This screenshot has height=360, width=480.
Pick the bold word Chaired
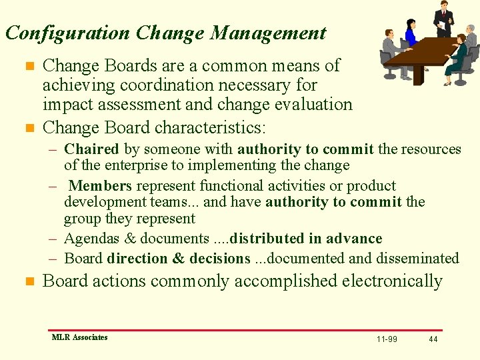pos(91,149)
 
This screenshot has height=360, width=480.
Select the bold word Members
pos(99,186)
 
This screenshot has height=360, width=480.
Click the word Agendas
pos(91,239)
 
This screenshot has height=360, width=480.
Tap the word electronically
pos(392,281)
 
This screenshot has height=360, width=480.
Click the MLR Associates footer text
pos(79,337)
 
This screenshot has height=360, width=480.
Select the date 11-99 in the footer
pos(387,339)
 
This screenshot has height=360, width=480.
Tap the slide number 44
pos(433,339)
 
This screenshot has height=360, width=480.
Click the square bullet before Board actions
pos(28,282)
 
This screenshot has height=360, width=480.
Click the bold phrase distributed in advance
pos(306,239)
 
